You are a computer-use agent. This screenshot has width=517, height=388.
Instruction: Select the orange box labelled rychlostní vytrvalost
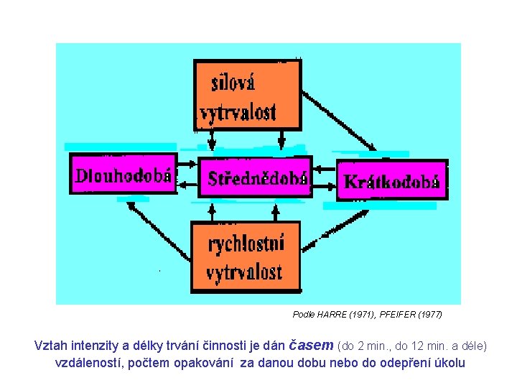coord(245,257)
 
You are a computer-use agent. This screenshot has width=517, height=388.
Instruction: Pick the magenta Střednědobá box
coord(256,177)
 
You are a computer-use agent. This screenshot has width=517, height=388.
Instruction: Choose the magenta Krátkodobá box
coord(392,180)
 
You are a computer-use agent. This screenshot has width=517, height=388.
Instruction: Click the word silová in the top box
coord(234,83)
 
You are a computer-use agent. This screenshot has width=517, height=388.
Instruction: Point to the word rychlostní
coord(246,244)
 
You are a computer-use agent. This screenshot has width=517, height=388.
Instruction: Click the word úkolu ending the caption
coord(449,364)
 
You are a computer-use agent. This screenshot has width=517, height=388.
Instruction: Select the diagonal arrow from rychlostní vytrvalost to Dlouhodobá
coord(158,229)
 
